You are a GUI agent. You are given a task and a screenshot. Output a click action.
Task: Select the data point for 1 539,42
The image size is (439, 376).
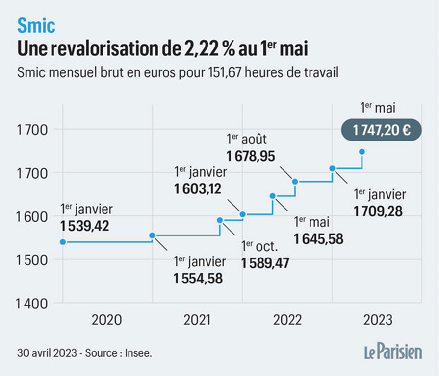pos(63,242)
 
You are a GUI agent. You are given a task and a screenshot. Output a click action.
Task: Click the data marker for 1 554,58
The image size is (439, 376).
pos(152,235)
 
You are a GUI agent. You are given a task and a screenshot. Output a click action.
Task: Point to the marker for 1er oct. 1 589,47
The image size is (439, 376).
pos(220,220)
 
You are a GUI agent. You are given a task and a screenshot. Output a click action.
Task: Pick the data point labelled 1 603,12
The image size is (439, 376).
pos(242,214)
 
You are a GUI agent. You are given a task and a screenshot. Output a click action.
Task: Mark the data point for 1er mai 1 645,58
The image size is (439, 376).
pos(273,196)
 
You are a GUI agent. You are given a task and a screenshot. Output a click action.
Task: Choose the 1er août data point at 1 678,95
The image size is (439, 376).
pos(295,182)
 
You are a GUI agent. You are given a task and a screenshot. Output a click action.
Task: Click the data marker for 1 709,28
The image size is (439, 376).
pos(332,168)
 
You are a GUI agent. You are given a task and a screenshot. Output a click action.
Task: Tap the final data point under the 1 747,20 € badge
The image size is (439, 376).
pos(362,152)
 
